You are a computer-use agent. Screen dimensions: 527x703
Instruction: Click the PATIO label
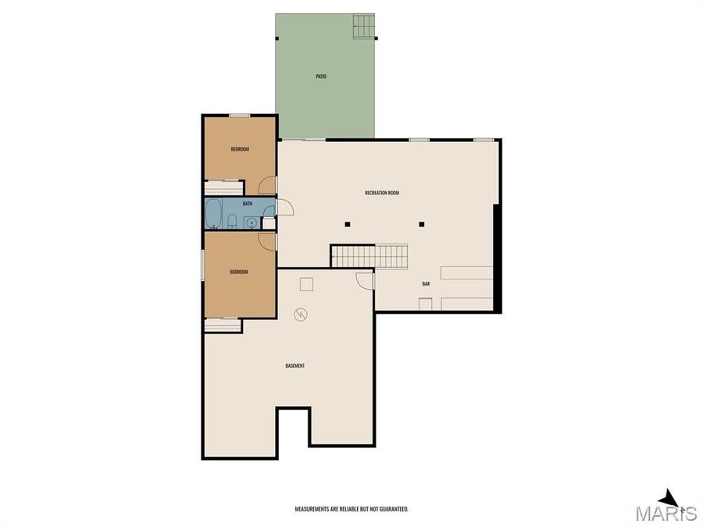point(321,77)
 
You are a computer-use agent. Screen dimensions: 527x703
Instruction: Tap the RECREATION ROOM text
point(382,193)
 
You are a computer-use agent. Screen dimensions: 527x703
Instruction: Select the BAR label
point(426,283)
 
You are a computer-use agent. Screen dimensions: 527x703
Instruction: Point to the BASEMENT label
point(294,366)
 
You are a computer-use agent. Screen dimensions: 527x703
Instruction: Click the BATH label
point(248,204)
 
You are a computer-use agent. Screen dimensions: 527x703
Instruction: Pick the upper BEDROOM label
point(240,149)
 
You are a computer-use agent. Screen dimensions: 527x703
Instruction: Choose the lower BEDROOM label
point(239,272)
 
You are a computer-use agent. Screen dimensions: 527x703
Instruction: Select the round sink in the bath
point(251,223)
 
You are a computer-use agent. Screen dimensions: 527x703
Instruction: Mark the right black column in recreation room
point(421,225)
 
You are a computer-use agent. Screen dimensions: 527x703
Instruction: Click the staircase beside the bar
point(369,256)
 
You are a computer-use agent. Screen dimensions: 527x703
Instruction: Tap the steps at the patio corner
point(364,26)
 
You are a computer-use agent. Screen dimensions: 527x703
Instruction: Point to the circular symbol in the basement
point(301,315)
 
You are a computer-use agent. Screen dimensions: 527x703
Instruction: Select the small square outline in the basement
point(307,285)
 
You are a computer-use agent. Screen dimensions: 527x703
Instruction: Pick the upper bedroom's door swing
point(268,185)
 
